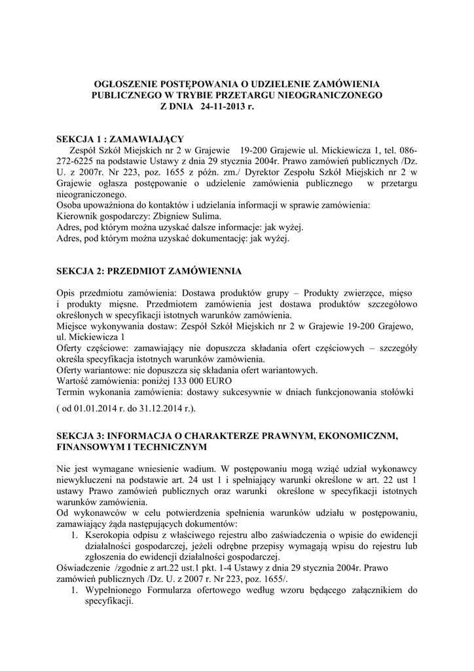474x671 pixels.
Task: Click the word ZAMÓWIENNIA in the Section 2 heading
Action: pos(208,271)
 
